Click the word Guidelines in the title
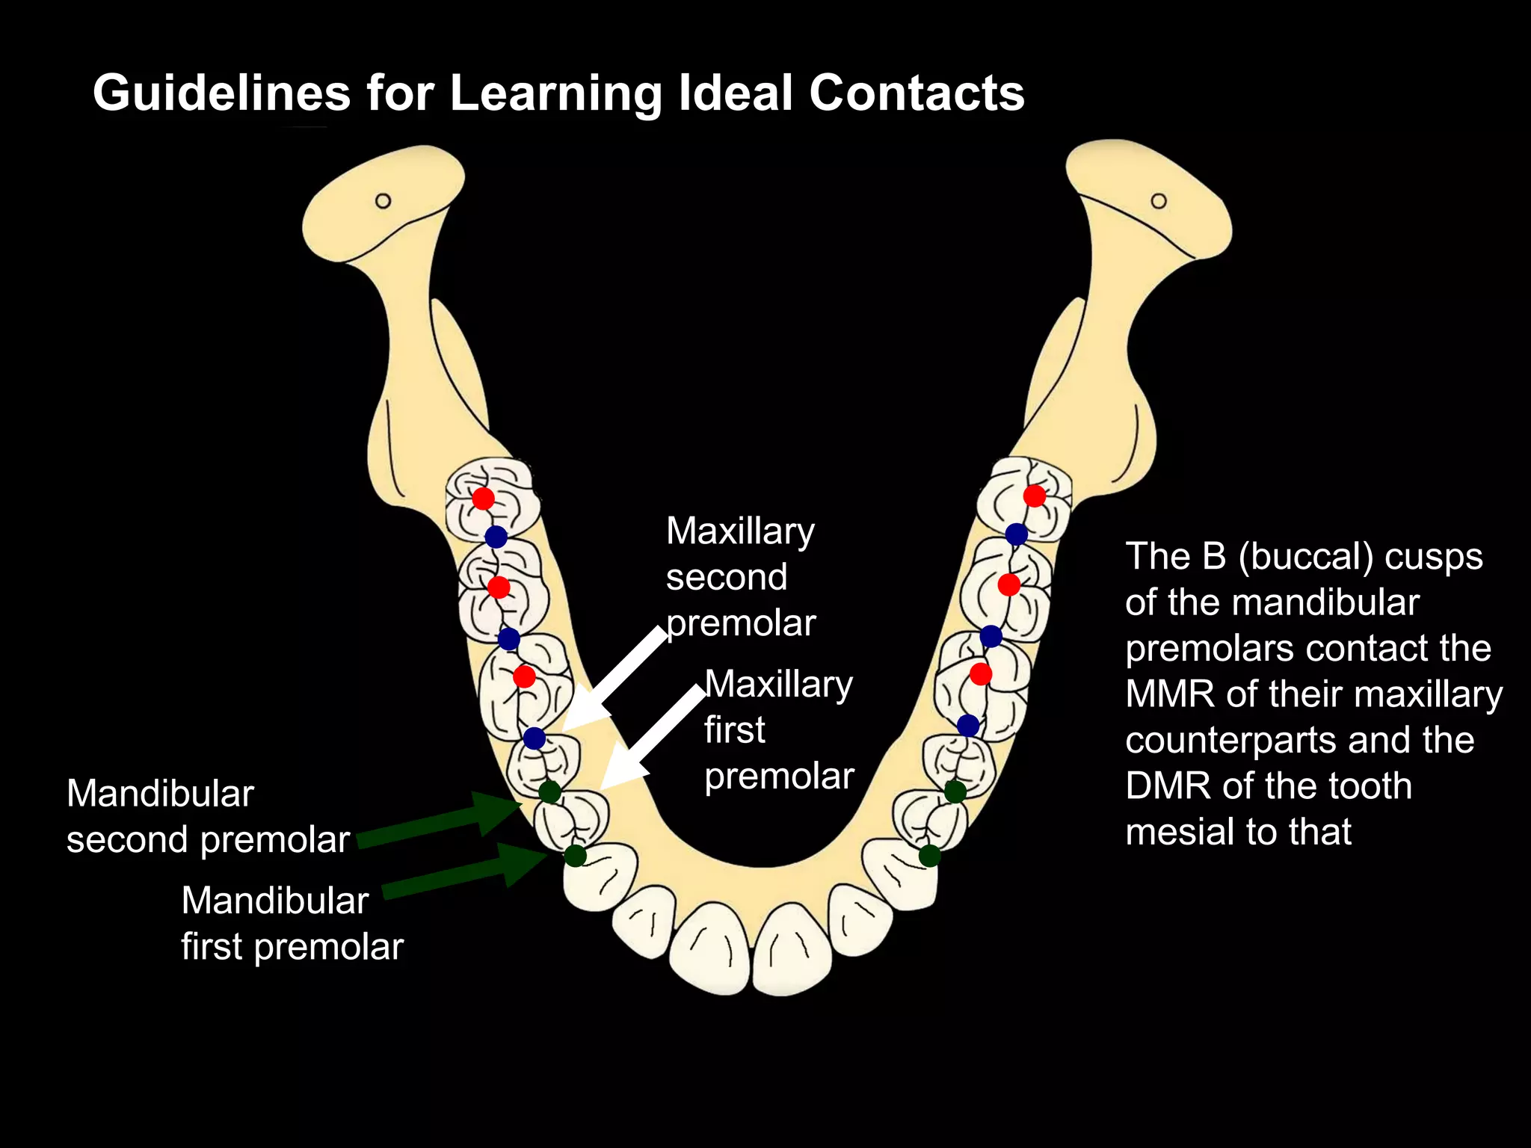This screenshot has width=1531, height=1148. click(221, 93)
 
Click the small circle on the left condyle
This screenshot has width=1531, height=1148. click(383, 201)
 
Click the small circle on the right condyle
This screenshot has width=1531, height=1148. click(1159, 201)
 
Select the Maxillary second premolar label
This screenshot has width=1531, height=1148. click(740, 577)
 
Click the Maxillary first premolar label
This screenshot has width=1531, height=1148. click(778, 729)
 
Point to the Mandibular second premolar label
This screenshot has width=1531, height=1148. click(207, 816)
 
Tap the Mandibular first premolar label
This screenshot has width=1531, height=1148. click(292, 923)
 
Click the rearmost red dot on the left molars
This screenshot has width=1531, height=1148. click(483, 498)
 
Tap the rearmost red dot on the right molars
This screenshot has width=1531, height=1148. click(1035, 496)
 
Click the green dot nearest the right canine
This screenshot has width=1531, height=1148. click(929, 856)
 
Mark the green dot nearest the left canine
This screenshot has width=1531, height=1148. click(574, 856)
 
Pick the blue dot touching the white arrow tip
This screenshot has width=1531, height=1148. click(534, 738)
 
